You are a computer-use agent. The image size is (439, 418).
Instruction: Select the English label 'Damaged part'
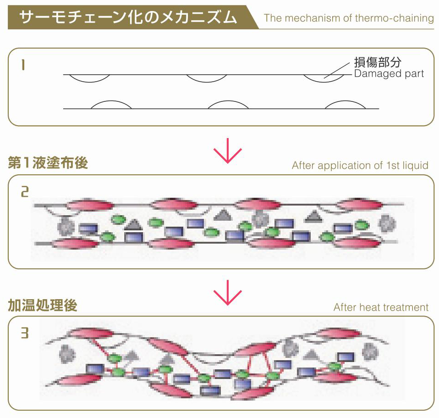click(x=389, y=73)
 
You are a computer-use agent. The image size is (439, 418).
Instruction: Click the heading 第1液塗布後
click(x=48, y=163)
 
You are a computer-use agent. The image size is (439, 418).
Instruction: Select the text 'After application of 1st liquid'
click(x=360, y=165)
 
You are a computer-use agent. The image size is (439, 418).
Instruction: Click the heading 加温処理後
click(x=42, y=306)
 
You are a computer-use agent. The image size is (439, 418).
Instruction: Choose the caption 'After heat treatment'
click(x=381, y=307)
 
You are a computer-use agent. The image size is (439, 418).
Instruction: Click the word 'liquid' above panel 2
click(x=416, y=165)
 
